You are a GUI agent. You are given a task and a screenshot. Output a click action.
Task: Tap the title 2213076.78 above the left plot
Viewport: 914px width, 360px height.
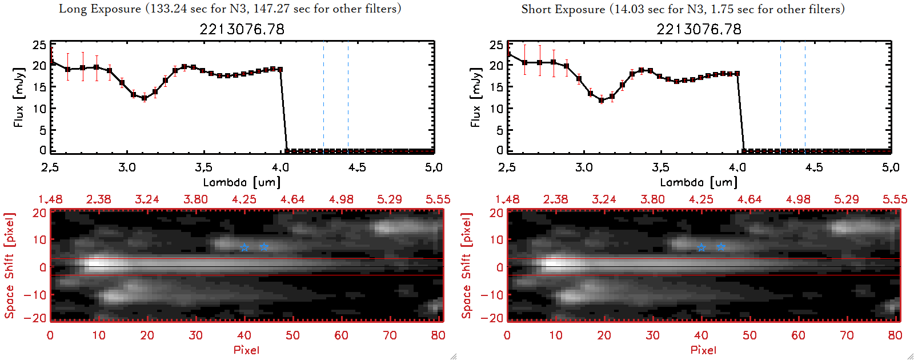(x=242, y=29)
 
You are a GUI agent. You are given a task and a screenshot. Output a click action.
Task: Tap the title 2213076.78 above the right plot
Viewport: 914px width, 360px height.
(x=699, y=29)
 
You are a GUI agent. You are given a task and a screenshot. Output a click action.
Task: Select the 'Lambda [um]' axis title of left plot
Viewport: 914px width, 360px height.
(x=242, y=182)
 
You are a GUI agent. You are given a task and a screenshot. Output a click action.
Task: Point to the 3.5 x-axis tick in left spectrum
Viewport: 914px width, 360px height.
(x=203, y=167)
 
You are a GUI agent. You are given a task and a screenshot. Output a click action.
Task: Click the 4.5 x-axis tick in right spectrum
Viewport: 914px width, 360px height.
(x=814, y=167)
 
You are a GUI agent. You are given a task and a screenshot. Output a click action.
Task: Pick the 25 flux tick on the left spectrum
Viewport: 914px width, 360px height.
(x=39, y=45)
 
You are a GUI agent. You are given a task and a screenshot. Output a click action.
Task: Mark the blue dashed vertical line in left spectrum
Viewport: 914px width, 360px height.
(x=323, y=97)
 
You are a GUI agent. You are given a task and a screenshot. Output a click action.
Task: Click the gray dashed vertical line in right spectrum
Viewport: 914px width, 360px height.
(x=805, y=97)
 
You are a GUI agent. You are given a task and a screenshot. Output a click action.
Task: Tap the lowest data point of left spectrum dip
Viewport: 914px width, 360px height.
(x=145, y=98)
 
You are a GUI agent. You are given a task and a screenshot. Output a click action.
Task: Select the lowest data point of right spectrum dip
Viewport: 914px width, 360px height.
(x=601, y=100)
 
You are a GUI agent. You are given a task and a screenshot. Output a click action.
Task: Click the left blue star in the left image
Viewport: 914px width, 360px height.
(x=244, y=247)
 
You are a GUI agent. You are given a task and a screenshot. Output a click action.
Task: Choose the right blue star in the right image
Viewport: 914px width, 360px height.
(x=721, y=247)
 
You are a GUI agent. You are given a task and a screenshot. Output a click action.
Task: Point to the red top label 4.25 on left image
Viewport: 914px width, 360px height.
(x=244, y=199)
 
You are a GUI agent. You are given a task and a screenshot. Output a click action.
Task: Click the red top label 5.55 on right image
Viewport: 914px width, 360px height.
(x=895, y=199)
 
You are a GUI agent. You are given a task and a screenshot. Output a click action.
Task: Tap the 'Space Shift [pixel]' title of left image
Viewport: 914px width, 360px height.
(x=9, y=266)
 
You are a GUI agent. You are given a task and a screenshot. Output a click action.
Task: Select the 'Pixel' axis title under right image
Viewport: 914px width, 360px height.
(x=703, y=350)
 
